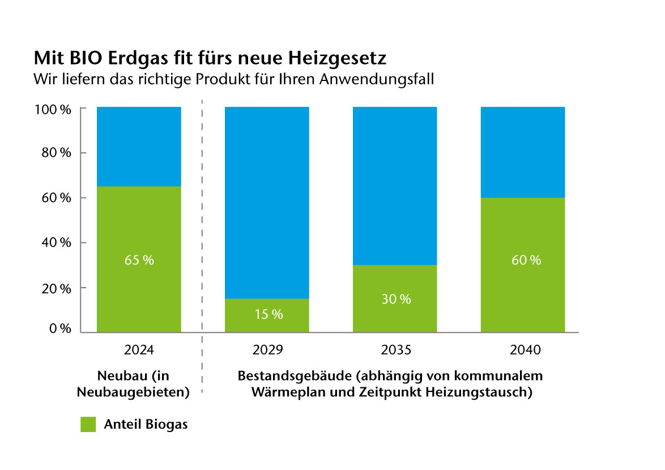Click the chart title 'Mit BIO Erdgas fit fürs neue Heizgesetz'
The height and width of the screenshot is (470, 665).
coord(210,58)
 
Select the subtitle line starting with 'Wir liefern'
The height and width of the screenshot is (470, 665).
coord(233,79)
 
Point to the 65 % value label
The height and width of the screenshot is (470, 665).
coord(139,260)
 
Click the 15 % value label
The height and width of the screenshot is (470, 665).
coord(267,314)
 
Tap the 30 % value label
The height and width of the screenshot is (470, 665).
coord(395,300)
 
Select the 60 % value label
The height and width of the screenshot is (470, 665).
coord(523,260)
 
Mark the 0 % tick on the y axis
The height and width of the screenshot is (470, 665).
coord(59,329)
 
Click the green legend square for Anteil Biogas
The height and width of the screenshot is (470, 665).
coord(88,425)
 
